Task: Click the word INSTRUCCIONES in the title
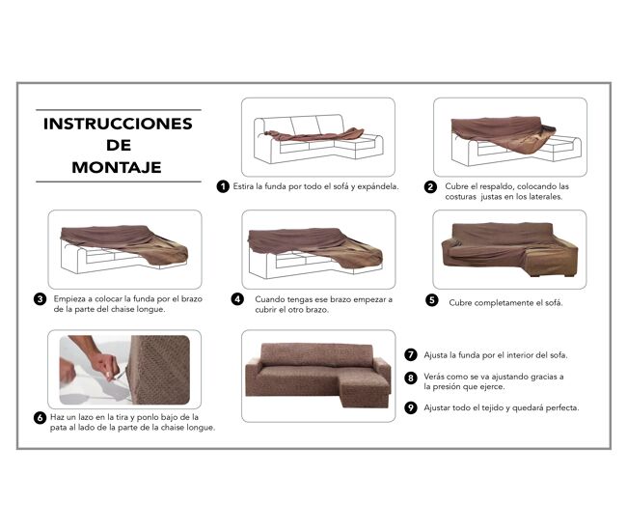[x=118, y=124]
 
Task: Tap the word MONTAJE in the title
[x=117, y=167]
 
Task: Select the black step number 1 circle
[x=223, y=186]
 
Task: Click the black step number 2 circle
[x=430, y=187]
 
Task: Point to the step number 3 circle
[x=40, y=299]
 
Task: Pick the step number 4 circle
[x=237, y=299]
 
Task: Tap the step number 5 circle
[x=432, y=300]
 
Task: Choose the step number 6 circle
[x=40, y=418]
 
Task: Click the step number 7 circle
[x=411, y=355]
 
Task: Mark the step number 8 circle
[x=411, y=378]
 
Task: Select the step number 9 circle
[x=411, y=407]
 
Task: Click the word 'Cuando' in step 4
[x=269, y=299]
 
